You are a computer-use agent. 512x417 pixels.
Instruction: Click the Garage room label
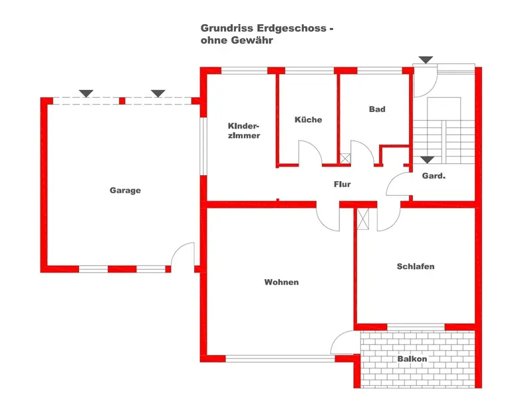(x=125, y=191)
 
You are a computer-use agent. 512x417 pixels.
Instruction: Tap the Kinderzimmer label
(x=243, y=131)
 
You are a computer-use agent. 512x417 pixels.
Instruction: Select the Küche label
(x=308, y=120)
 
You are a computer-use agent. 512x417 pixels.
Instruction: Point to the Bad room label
(x=377, y=109)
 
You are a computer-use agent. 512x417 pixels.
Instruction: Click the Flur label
(x=342, y=185)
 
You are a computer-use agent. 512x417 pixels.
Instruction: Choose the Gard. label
(x=434, y=177)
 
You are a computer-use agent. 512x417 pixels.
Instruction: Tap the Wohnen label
(x=281, y=282)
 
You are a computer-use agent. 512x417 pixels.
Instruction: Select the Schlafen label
(x=415, y=266)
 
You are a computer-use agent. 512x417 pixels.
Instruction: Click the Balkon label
(x=412, y=359)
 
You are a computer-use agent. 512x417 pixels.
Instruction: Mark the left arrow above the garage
(x=85, y=93)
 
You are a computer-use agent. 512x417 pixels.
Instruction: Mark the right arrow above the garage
(x=158, y=93)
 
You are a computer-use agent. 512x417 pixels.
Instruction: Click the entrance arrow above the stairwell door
(x=426, y=60)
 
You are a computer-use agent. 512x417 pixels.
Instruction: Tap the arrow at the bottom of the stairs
(x=426, y=160)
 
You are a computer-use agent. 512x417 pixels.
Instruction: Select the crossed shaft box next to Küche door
(x=344, y=159)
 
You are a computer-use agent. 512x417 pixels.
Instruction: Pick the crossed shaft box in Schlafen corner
(x=363, y=218)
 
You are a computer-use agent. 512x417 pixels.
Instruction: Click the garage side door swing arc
(x=182, y=254)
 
